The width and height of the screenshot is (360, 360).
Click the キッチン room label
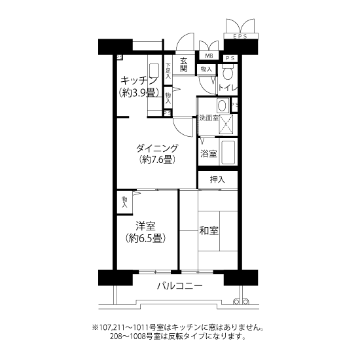point(139,81)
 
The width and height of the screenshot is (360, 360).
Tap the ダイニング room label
point(157,148)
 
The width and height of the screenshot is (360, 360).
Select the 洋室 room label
point(145,226)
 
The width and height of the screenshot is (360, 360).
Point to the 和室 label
point(209,230)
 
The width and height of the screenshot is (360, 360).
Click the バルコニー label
point(180,286)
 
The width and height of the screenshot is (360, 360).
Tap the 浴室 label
point(208,154)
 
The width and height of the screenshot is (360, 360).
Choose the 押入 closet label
point(217,179)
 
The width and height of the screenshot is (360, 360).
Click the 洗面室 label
point(209,118)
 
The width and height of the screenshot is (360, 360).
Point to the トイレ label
point(228,88)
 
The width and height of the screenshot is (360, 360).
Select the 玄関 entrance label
point(184,65)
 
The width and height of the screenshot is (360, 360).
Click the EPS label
point(240,36)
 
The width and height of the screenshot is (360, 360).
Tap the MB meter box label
point(209,56)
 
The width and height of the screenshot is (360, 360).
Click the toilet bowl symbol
point(228,71)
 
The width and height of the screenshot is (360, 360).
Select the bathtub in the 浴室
point(228,152)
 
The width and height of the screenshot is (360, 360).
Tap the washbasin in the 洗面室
point(222,106)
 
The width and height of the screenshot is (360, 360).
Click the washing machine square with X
point(226,124)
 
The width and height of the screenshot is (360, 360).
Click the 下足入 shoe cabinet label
point(168,71)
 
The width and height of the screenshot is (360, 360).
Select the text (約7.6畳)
point(157,159)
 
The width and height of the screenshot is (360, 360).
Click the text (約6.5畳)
point(145,238)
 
